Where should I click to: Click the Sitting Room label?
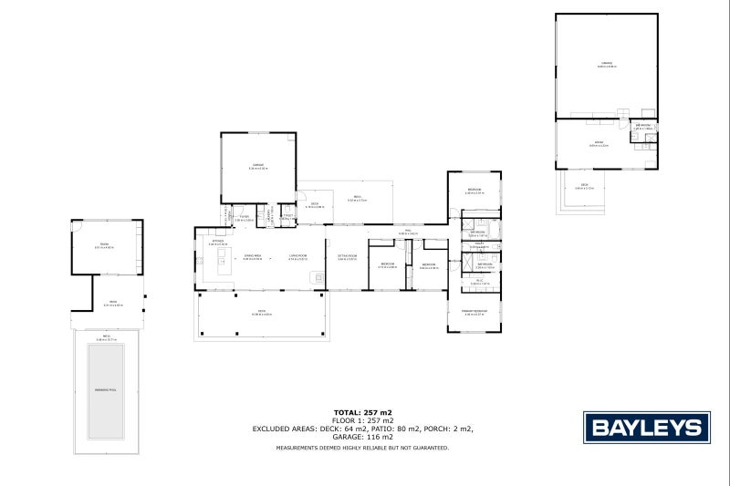[x=347, y=257]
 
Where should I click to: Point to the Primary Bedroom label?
[x=473, y=312]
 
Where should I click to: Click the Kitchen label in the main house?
[x=217, y=243]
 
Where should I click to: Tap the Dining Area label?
[x=253, y=257]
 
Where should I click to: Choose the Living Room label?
[x=297, y=257]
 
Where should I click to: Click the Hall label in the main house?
[x=412, y=233]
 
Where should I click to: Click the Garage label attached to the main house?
[x=258, y=166]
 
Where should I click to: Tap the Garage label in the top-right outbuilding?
[x=606, y=64]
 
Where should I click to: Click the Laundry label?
[x=287, y=217]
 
